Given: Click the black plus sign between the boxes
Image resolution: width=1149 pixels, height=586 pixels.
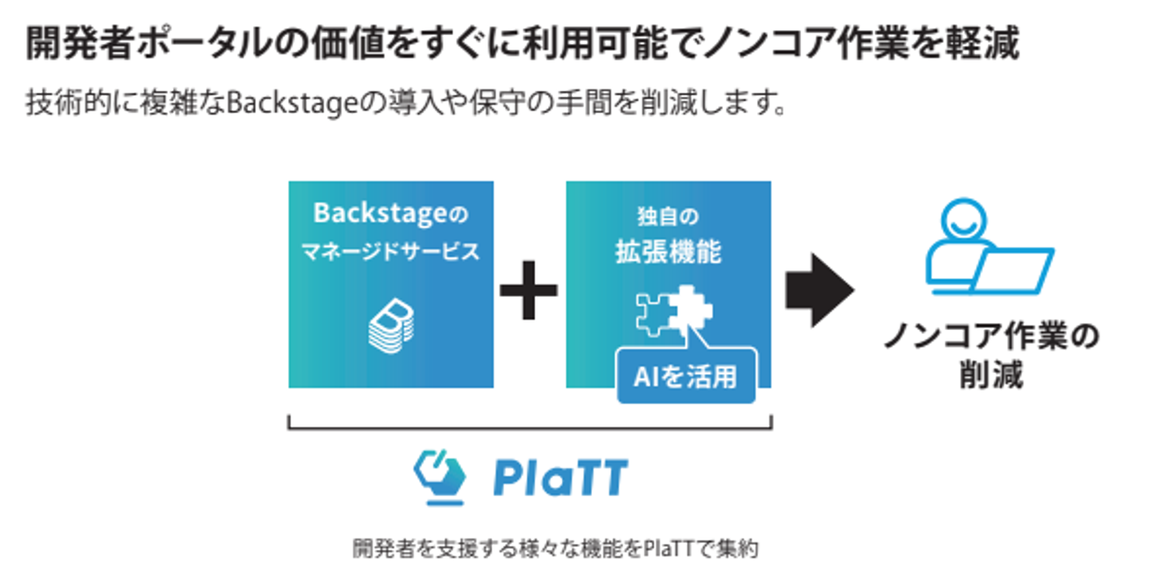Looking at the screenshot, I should coord(529,291).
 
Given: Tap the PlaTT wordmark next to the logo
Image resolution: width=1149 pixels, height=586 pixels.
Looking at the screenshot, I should coord(560,478).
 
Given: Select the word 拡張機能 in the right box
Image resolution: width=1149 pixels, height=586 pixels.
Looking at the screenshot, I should coord(668,252).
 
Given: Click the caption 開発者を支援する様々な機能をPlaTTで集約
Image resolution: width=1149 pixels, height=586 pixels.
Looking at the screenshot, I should coord(555,549).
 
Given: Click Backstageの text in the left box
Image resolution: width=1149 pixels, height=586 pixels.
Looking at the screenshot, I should coord(390,214).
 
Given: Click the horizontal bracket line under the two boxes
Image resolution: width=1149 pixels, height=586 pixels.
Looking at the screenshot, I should coord(529,428).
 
